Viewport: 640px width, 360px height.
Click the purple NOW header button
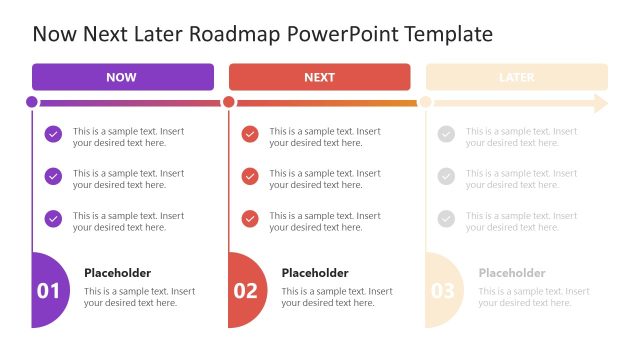click(x=122, y=77)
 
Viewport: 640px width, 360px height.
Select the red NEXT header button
click(x=319, y=77)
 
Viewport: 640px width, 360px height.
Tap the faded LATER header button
click(x=516, y=77)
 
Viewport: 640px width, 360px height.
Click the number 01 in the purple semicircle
click(x=48, y=291)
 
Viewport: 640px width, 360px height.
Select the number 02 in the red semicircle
click(x=245, y=291)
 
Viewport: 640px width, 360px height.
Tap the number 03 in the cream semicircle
click(x=442, y=291)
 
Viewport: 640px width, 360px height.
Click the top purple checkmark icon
click(x=53, y=134)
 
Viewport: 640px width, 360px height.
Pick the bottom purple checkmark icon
click(x=53, y=218)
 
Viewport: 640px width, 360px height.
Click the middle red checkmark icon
click(x=250, y=176)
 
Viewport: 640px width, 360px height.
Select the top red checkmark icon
click(x=250, y=134)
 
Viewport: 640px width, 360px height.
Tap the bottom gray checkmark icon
click(x=446, y=218)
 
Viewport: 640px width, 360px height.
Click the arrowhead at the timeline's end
click(x=600, y=102)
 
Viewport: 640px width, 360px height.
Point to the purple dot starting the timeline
click(x=32, y=102)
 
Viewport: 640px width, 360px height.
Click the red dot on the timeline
click(x=229, y=102)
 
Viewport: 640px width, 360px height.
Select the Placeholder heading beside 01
click(x=117, y=273)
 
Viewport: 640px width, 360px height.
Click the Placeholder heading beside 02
click(x=315, y=273)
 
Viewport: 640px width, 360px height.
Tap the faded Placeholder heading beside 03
click(x=512, y=273)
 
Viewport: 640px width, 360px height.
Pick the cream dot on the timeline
click(x=425, y=102)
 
